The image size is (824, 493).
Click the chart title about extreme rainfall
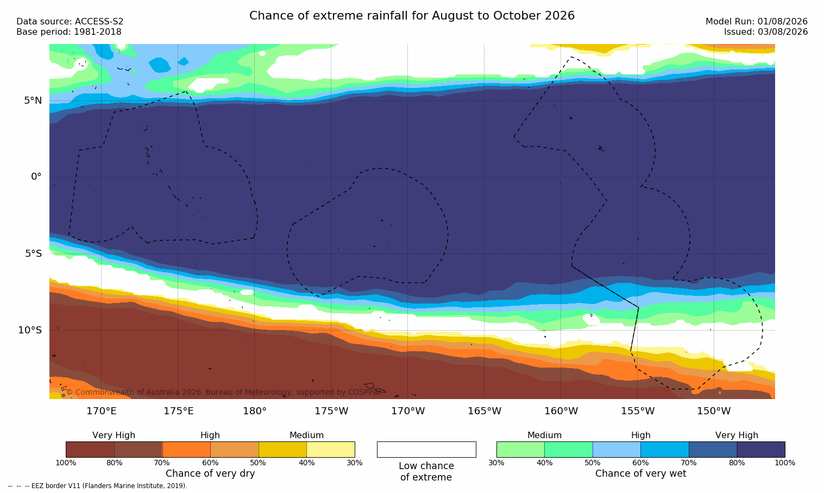coord(412,16)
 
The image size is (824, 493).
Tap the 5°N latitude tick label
coord(33,100)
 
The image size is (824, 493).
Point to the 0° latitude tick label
coord(36,177)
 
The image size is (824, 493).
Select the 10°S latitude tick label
coord(30,330)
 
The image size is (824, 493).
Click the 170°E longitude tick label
coord(102,411)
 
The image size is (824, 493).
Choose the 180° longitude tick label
coord(255,411)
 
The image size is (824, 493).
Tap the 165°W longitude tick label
coord(485,411)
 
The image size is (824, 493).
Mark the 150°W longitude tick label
coord(714,411)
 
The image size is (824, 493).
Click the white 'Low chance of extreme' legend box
coord(426,450)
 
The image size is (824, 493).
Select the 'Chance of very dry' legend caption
coord(210,473)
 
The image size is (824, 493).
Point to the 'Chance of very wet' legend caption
coord(640,473)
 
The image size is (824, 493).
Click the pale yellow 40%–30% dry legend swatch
coord(331,450)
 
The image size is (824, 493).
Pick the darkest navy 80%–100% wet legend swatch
coord(761,450)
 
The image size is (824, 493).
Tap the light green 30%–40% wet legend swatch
coord(520,450)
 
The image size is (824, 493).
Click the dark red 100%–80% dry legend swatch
coord(90,450)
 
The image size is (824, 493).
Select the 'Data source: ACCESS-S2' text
coord(70,22)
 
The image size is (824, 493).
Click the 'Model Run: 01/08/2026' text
coord(756,22)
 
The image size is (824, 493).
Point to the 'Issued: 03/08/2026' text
coord(766,32)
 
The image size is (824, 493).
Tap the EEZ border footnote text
coord(97,485)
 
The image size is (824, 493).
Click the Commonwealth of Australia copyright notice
coord(224,392)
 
